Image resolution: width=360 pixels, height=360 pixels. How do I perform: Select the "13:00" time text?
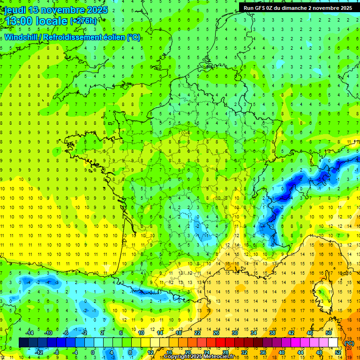click(19, 21)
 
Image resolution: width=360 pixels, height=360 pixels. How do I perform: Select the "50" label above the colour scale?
click(329, 332)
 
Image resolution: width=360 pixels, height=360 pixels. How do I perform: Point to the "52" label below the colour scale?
click(338, 352)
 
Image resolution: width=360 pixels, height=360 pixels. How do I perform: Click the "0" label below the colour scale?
click(93, 352)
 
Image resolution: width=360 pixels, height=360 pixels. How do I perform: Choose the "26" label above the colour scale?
click(216, 332)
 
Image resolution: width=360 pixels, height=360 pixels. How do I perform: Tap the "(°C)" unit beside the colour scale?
click(349, 343)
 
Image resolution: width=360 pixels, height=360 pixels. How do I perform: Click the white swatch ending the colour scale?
click(333, 342)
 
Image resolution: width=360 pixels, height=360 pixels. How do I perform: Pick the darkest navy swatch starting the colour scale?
click(23, 342)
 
